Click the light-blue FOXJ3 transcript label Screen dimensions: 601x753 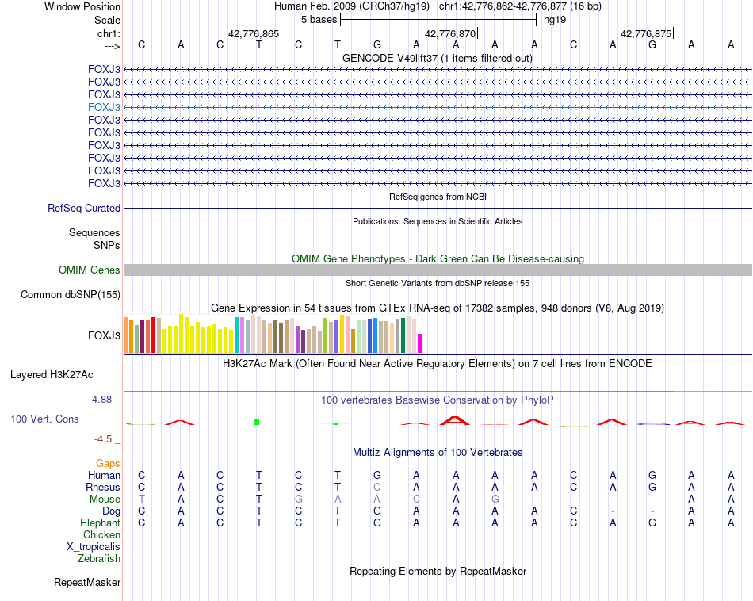pyautogui.click(x=105, y=107)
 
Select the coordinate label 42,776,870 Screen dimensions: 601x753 pyautogui.click(x=450, y=34)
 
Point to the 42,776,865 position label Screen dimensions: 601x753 pyautogui.click(x=254, y=34)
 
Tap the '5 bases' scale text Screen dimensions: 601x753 pyautogui.click(x=319, y=20)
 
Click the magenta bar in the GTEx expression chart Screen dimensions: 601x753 pyautogui.click(x=419, y=343)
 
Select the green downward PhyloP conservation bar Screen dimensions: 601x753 pyautogui.click(x=257, y=421)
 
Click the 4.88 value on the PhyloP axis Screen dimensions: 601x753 pyautogui.click(x=101, y=400)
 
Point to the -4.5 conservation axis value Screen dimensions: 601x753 pyautogui.click(x=104, y=438)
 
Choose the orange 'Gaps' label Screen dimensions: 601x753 pyautogui.click(x=108, y=463)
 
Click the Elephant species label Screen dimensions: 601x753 pyautogui.click(x=100, y=523)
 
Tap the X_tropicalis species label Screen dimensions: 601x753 pyautogui.click(x=94, y=547)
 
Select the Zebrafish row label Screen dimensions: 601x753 pyautogui.click(x=99, y=559)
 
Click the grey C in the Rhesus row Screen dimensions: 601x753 pyautogui.click(x=377, y=487)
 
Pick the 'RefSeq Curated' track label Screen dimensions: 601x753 pyautogui.click(x=84, y=209)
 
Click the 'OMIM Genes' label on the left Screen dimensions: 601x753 pyautogui.click(x=90, y=270)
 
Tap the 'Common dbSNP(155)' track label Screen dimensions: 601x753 pyautogui.click(x=71, y=295)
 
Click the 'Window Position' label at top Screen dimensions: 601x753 pyautogui.click(x=82, y=6)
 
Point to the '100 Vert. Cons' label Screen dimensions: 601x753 pyautogui.click(x=44, y=419)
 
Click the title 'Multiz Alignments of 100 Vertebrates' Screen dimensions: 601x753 pyautogui.click(x=438, y=453)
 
